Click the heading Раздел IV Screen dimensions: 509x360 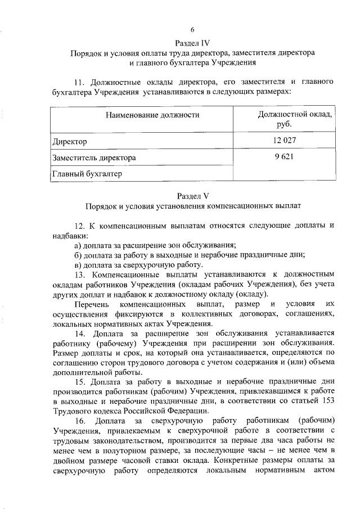192,43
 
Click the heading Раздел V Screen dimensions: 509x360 192,196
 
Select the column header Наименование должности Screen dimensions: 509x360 152,115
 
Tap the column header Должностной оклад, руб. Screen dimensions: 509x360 294,120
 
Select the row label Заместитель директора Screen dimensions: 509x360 94,158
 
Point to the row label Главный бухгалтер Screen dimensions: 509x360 87,174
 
